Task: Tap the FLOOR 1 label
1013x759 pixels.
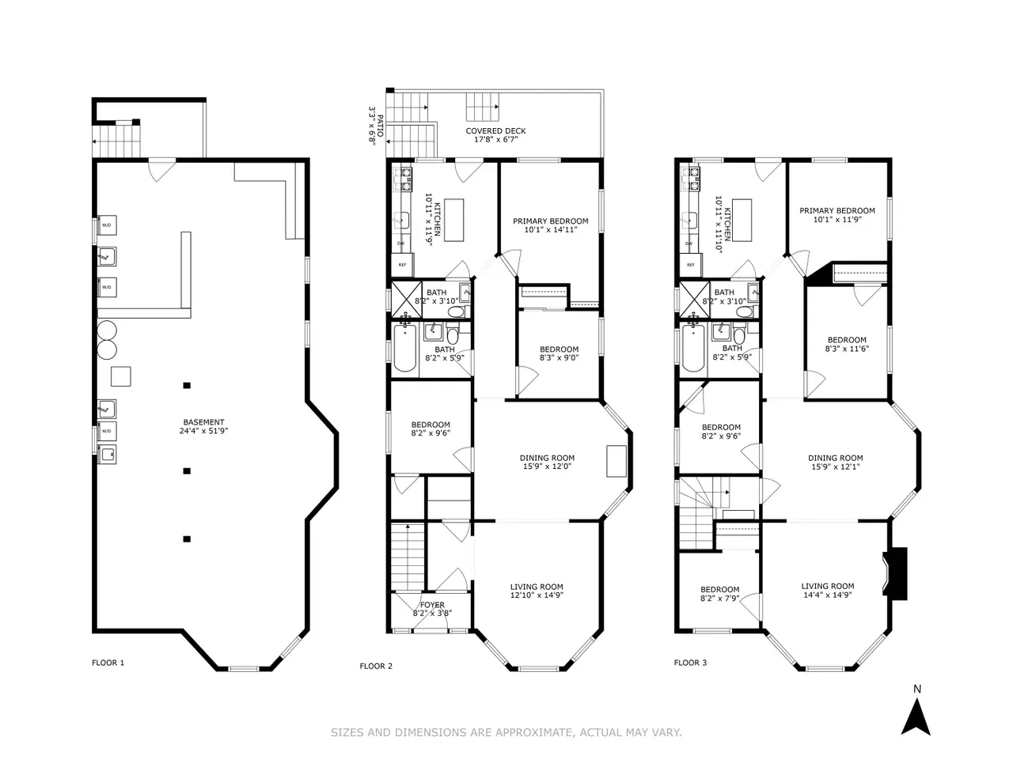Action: coord(108,663)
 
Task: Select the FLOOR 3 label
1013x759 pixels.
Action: coord(690,663)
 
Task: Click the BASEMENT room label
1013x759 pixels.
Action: coord(203,422)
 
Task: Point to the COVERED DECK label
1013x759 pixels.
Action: coord(495,131)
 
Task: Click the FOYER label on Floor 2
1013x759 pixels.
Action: coord(432,605)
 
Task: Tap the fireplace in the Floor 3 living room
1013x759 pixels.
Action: coord(895,574)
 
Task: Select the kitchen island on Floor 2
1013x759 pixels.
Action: coord(453,220)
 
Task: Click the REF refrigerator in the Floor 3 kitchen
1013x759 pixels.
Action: coord(690,265)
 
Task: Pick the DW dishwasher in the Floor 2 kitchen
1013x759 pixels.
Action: coord(400,244)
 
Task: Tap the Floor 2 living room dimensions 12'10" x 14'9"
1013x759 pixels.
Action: coord(537,595)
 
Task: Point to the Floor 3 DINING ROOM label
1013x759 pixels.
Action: coord(835,458)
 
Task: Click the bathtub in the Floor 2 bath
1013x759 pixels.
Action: coord(404,348)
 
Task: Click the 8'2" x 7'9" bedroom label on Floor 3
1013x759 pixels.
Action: coord(720,599)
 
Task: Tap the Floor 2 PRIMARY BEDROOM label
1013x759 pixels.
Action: coord(551,221)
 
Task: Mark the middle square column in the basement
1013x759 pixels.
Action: coord(187,471)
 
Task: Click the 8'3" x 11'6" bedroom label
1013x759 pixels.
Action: coord(847,349)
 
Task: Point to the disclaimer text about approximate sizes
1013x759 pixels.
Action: coord(506,732)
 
